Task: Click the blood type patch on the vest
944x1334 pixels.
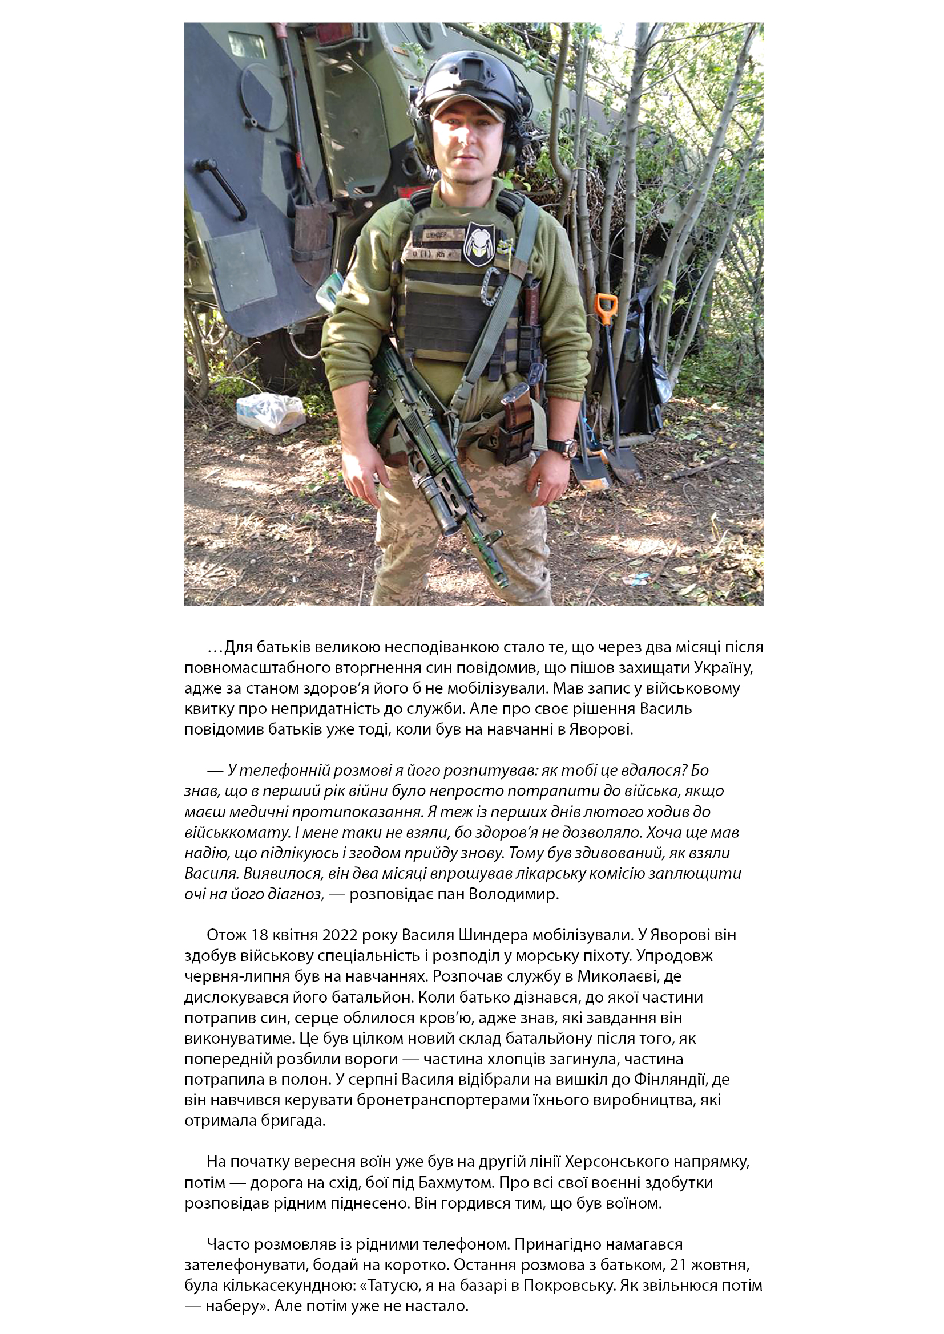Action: (427, 254)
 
